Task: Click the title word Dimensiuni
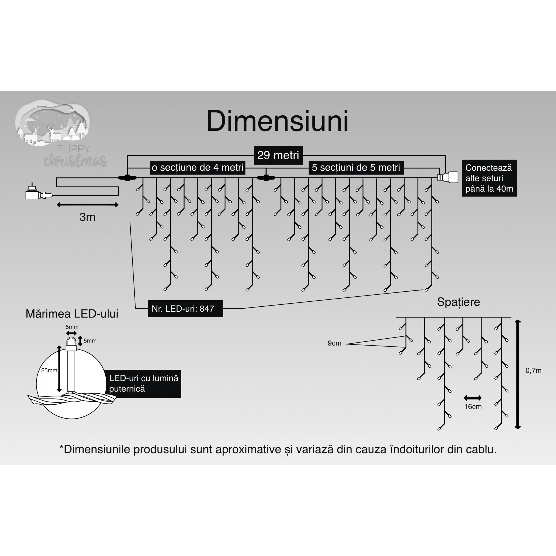click(277, 121)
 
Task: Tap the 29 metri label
click(278, 155)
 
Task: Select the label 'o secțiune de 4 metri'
click(197, 167)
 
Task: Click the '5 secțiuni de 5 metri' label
click(356, 167)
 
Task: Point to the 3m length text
click(87, 217)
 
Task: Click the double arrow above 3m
click(88, 205)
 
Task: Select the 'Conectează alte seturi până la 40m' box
click(489, 178)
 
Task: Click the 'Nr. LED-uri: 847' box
click(185, 309)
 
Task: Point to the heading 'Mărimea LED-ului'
click(72, 314)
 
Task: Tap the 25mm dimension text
click(49, 370)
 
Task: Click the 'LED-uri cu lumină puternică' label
click(143, 384)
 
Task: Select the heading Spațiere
click(458, 302)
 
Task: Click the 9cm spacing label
click(334, 343)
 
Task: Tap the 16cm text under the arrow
click(473, 407)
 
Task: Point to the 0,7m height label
click(533, 370)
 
